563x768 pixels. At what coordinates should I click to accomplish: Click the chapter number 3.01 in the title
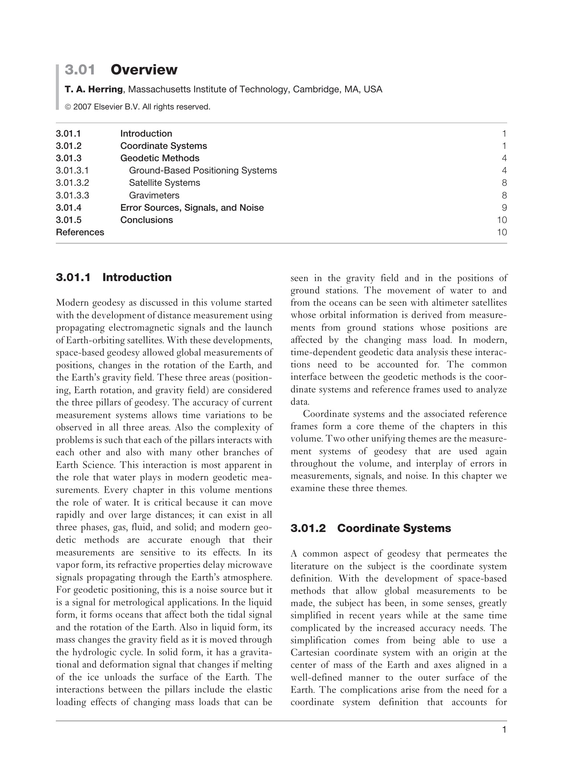(80, 70)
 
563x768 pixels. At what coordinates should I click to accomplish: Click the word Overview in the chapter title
(144, 70)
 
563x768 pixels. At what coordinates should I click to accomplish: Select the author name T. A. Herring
(94, 89)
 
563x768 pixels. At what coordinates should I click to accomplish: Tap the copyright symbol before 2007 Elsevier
(68, 107)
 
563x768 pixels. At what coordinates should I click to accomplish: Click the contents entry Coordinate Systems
(163, 146)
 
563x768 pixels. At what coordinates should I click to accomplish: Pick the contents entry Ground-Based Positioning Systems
(203, 171)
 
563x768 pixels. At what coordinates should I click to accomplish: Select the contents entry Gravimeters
(154, 195)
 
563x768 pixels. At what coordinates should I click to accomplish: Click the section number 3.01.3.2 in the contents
(73, 183)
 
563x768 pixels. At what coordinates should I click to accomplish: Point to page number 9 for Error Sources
(504, 208)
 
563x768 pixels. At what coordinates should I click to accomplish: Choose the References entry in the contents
(80, 232)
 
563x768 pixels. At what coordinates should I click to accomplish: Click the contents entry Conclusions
(146, 220)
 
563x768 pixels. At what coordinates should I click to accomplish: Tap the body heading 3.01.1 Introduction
(114, 277)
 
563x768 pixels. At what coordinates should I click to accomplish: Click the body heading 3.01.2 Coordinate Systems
(370, 528)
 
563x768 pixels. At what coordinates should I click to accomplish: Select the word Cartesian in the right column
(310, 653)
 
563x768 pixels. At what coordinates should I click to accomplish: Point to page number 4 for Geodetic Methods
(504, 158)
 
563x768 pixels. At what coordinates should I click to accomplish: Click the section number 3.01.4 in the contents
(69, 208)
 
